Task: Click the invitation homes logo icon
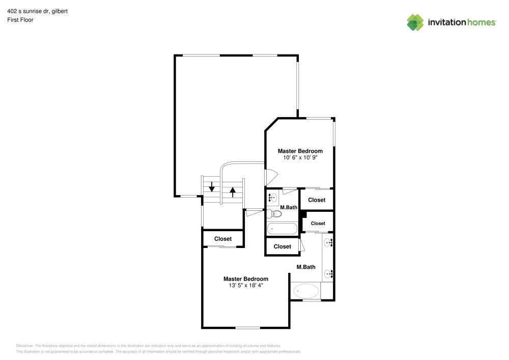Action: (x=415, y=22)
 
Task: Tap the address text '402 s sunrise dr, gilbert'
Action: (x=37, y=11)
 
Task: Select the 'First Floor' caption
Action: (x=20, y=20)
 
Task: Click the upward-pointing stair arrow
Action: (x=233, y=192)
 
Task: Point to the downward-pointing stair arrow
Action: (x=212, y=186)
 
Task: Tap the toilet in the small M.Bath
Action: (x=274, y=213)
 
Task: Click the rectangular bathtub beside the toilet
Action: (x=282, y=229)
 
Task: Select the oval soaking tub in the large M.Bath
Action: (x=306, y=291)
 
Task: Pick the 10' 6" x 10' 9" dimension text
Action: (x=300, y=157)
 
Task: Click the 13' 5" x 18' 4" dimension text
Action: (x=246, y=285)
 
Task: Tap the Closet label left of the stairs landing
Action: (x=223, y=239)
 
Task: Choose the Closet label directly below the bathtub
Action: (x=282, y=247)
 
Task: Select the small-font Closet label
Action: (x=318, y=224)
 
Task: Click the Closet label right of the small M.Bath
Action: (x=317, y=200)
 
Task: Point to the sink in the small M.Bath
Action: (x=272, y=197)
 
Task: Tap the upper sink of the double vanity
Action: (x=328, y=242)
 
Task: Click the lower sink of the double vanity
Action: (x=328, y=274)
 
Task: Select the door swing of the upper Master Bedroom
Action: (x=272, y=177)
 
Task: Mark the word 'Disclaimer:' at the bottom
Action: (x=24, y=346)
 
